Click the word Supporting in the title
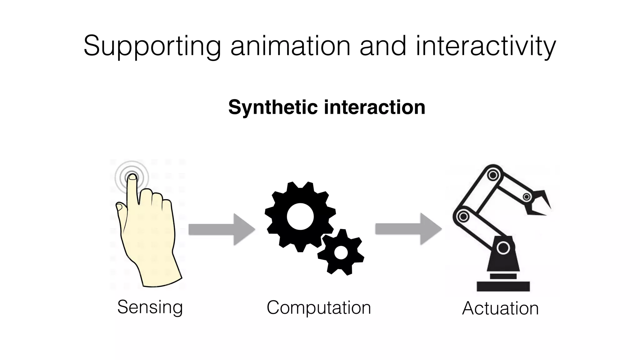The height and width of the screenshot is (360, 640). [x=152, y=46]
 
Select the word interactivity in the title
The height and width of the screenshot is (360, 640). [x=486, y=46]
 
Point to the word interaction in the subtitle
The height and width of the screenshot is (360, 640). [x=374, y=107]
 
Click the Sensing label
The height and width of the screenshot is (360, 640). [x=150, y=307]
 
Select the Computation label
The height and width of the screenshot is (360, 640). [x=319, y=307]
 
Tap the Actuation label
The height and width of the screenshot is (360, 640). [x=500, y=308]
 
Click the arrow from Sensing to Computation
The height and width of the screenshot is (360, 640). [x=222, y=229]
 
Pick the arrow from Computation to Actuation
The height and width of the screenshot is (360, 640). [x=408, y=229]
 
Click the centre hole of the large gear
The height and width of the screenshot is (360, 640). [x=300, y=216]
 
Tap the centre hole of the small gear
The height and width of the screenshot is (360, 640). [x=341, y=252]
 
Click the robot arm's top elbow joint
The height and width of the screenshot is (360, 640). [x=493, y=175]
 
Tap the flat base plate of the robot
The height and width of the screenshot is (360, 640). [x=503, y=286]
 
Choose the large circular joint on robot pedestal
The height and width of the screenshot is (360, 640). [x=503, y=248]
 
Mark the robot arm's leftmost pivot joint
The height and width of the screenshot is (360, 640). [x=463, y=216]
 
